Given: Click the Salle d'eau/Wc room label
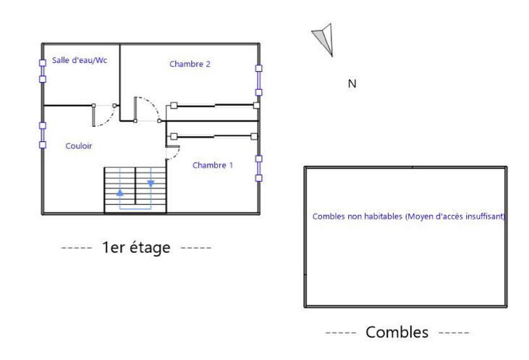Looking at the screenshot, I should point(79,61).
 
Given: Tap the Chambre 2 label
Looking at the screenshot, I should point(190,64).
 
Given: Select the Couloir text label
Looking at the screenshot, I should point(79,146).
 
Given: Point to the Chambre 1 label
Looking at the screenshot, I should point(213,165).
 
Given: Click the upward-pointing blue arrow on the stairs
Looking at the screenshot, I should point(120,193).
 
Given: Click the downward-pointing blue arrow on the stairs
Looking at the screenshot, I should point(151,183).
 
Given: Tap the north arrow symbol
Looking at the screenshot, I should point(323,39).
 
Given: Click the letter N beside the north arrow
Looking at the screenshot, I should point(352,84).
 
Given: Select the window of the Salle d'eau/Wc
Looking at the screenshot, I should point(43,70).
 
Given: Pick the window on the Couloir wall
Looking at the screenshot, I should point(43,135).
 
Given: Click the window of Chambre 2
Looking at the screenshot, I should point(258,80).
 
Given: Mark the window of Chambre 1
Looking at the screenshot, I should point(258,167).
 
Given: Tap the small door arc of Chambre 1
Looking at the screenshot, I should point(174,151).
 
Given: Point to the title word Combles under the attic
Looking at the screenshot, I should point(397,332).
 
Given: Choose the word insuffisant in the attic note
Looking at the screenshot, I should point(485,216).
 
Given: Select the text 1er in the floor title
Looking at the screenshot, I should point(112,248).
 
